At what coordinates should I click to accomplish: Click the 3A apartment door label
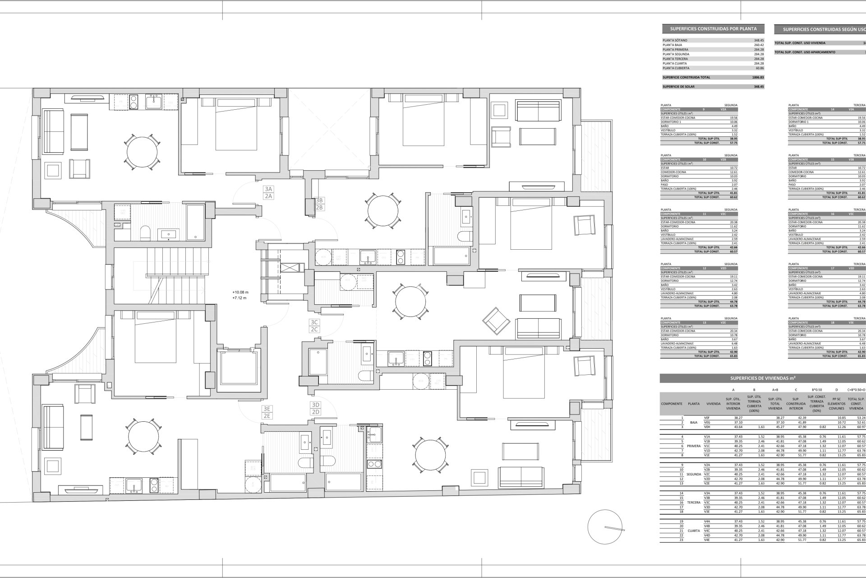[269, 189]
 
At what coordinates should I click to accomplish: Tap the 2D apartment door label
[315, 412]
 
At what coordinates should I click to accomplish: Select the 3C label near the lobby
[314, 322]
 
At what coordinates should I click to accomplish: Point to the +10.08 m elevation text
[240, 292]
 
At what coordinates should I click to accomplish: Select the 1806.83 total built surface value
[758, 77]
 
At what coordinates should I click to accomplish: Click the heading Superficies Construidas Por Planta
[713, 29]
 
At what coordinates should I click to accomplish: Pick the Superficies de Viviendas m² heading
[762, 378]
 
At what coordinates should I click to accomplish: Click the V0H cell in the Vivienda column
[707, 427]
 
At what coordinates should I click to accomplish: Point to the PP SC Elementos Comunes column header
[836, 404]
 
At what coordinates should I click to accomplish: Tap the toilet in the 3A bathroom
[145, 233]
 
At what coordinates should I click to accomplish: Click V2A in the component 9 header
[723, 109]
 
